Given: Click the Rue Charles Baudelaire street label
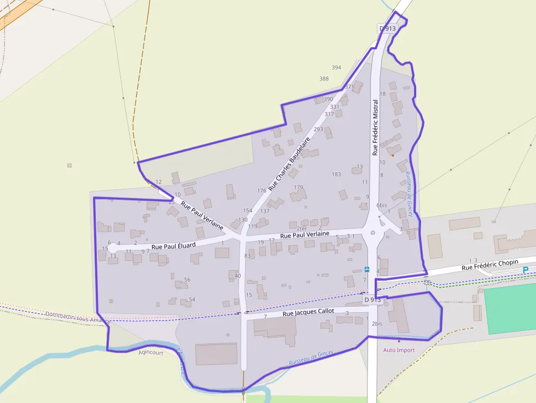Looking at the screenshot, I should [290, 160].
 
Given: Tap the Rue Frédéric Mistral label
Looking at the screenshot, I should [375, 127].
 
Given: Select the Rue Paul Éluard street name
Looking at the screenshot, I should [173, 247].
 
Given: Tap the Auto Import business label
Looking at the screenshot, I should [399, 350].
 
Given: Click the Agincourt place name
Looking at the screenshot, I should [151, 353].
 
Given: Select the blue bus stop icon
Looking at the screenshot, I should [366, 269].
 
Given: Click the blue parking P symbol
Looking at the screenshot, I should [526, 270].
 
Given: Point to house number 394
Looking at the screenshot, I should [336, 67].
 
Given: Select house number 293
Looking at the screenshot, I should [318, 130].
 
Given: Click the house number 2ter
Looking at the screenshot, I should [301, 228].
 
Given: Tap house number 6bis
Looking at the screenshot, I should [382, 205].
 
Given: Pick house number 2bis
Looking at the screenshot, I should [377, 324].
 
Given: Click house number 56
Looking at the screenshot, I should [187, 279].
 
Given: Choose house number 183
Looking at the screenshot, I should [336, 174].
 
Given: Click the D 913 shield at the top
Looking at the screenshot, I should [387, 28].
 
